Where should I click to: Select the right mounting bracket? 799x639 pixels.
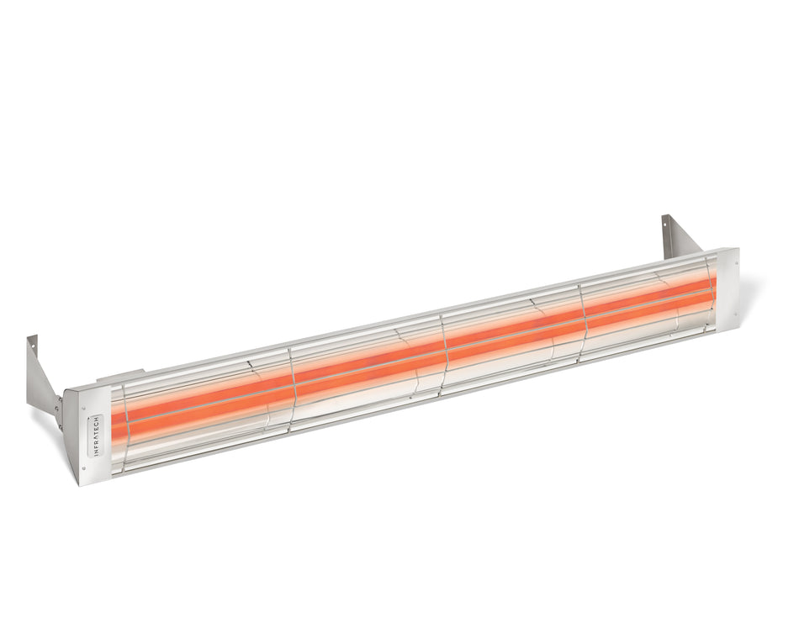click(x=678, y=236)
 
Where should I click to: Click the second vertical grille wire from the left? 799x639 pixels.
click(x=292, y=387)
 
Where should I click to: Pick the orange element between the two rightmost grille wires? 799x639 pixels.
click(x=648, y=299)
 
